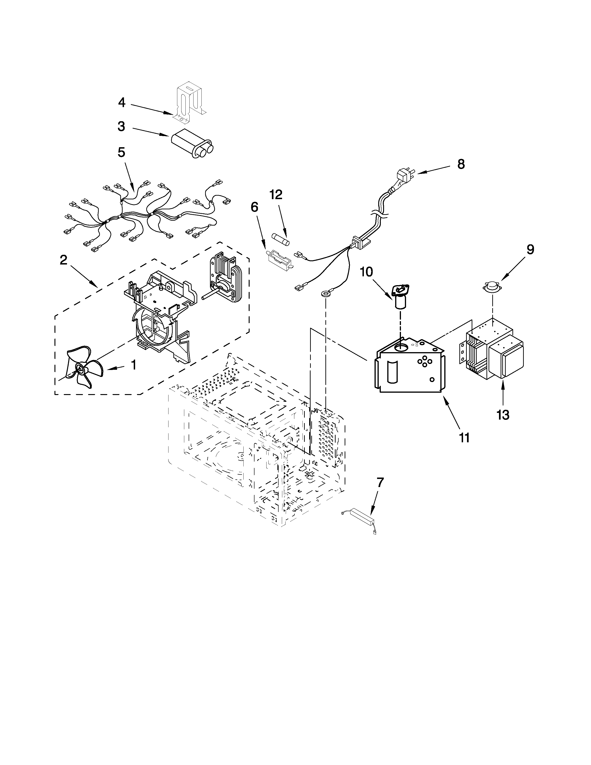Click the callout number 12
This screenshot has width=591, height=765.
[x=276, y=194]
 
